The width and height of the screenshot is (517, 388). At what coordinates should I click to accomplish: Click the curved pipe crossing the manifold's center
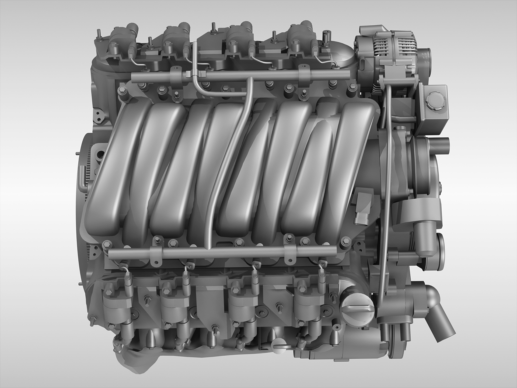(x=229, y=162)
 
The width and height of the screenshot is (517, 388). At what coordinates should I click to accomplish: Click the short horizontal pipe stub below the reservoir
(x=443, y=142)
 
